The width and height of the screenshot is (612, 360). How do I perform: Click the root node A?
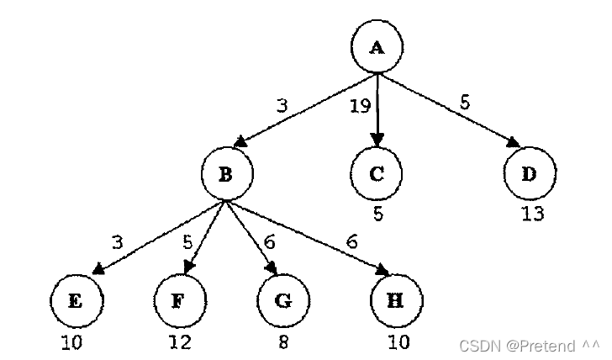click(377, 46)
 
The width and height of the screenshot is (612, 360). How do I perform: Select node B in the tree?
click(225, 174)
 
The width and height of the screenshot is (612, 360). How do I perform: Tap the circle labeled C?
click(377, 174)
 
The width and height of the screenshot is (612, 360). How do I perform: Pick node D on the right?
click(529, 174)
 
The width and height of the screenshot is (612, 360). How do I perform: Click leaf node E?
click(75, 300)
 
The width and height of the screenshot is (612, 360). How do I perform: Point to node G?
click(282, 300)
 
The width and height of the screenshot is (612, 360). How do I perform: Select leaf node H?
click(396, 300)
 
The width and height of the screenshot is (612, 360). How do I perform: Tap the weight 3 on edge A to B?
click(283, 106)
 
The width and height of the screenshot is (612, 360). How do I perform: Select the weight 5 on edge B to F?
click(188, 243)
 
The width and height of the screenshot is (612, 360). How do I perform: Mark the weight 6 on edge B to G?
click(269, 242)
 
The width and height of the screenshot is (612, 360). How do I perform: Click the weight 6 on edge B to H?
click(352, 242)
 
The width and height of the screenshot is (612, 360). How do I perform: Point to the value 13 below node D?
click(531, 214)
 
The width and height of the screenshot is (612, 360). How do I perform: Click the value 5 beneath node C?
click(378, 214)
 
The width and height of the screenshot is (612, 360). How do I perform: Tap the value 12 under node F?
click(179, 342)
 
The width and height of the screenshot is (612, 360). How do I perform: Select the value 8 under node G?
click(282, 342)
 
